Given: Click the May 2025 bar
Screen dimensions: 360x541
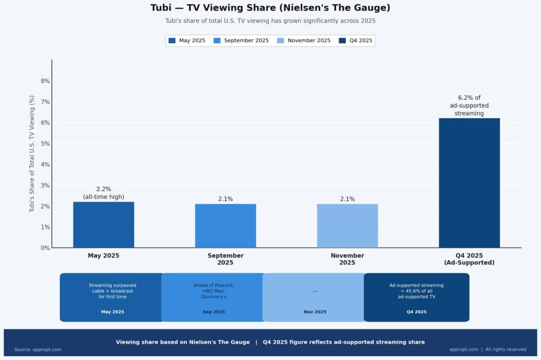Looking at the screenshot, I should tap(104, 224).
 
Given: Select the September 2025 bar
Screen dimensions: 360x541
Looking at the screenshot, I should tap(226, 225).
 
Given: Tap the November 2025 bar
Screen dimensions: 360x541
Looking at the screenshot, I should tap(347, 225).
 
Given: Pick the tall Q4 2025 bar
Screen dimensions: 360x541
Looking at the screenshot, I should tap(469, 182).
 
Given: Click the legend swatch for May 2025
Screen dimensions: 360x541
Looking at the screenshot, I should tap(172, 41).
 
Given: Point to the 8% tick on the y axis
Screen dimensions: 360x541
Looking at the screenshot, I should tap(45, 81).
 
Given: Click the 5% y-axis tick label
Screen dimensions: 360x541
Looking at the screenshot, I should tap(45, 144).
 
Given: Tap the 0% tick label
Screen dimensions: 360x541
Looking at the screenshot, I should tap(45, 248).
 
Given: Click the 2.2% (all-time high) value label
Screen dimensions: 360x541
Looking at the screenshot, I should tap(104, 193).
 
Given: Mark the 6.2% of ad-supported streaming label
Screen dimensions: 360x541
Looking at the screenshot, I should tap(469, 105).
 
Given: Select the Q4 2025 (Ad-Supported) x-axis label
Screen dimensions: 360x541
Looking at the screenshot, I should tap(469, 259).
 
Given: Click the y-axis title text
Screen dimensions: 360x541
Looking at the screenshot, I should tap(32, 154).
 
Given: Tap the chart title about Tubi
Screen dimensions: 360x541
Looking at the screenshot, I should tap(270, 8).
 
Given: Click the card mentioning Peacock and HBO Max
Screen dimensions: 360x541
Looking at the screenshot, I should tap(213, 297).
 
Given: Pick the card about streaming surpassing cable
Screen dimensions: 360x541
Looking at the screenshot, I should tap(112, 297).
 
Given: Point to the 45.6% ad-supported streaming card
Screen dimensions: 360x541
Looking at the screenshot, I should tap(416, 297).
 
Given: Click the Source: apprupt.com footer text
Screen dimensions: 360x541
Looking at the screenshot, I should tap(38, 349).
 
